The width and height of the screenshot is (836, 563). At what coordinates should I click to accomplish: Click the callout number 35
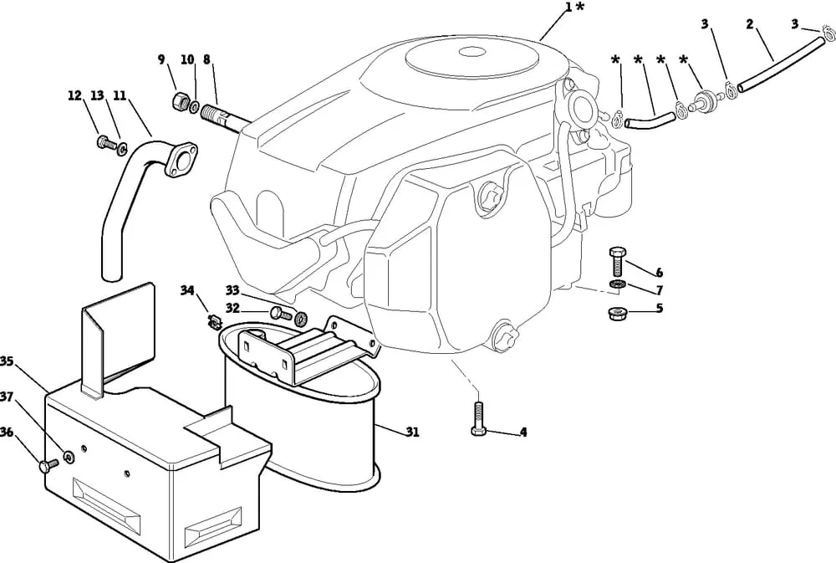tap(8, 361)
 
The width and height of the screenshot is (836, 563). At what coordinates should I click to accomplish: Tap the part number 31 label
tap(412, 432)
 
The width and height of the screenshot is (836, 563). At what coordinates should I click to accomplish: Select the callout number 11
tap(119, 96)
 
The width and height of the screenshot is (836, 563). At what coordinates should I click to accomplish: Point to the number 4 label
tap(522, 432)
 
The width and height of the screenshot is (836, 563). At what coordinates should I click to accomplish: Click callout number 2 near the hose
tap(751, 24)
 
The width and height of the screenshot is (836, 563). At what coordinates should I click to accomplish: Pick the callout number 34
tap(187, 290)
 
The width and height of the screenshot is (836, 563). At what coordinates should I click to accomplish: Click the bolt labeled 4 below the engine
tap(479, 417)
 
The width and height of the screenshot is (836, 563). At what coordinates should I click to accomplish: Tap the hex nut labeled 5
tap(617, 314)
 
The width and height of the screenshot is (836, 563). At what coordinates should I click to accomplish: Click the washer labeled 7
tap(617, 287)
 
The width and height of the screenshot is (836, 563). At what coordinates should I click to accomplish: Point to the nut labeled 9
tap(179, 102)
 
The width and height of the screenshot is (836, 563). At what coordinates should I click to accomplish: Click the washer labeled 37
tap(68, 456)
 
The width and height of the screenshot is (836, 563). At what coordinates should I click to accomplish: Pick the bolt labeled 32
tap(279, 314)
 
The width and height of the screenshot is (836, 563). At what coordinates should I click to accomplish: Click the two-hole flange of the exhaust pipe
tap(180, 162)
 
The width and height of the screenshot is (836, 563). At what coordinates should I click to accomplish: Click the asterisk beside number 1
tap(580, 8)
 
